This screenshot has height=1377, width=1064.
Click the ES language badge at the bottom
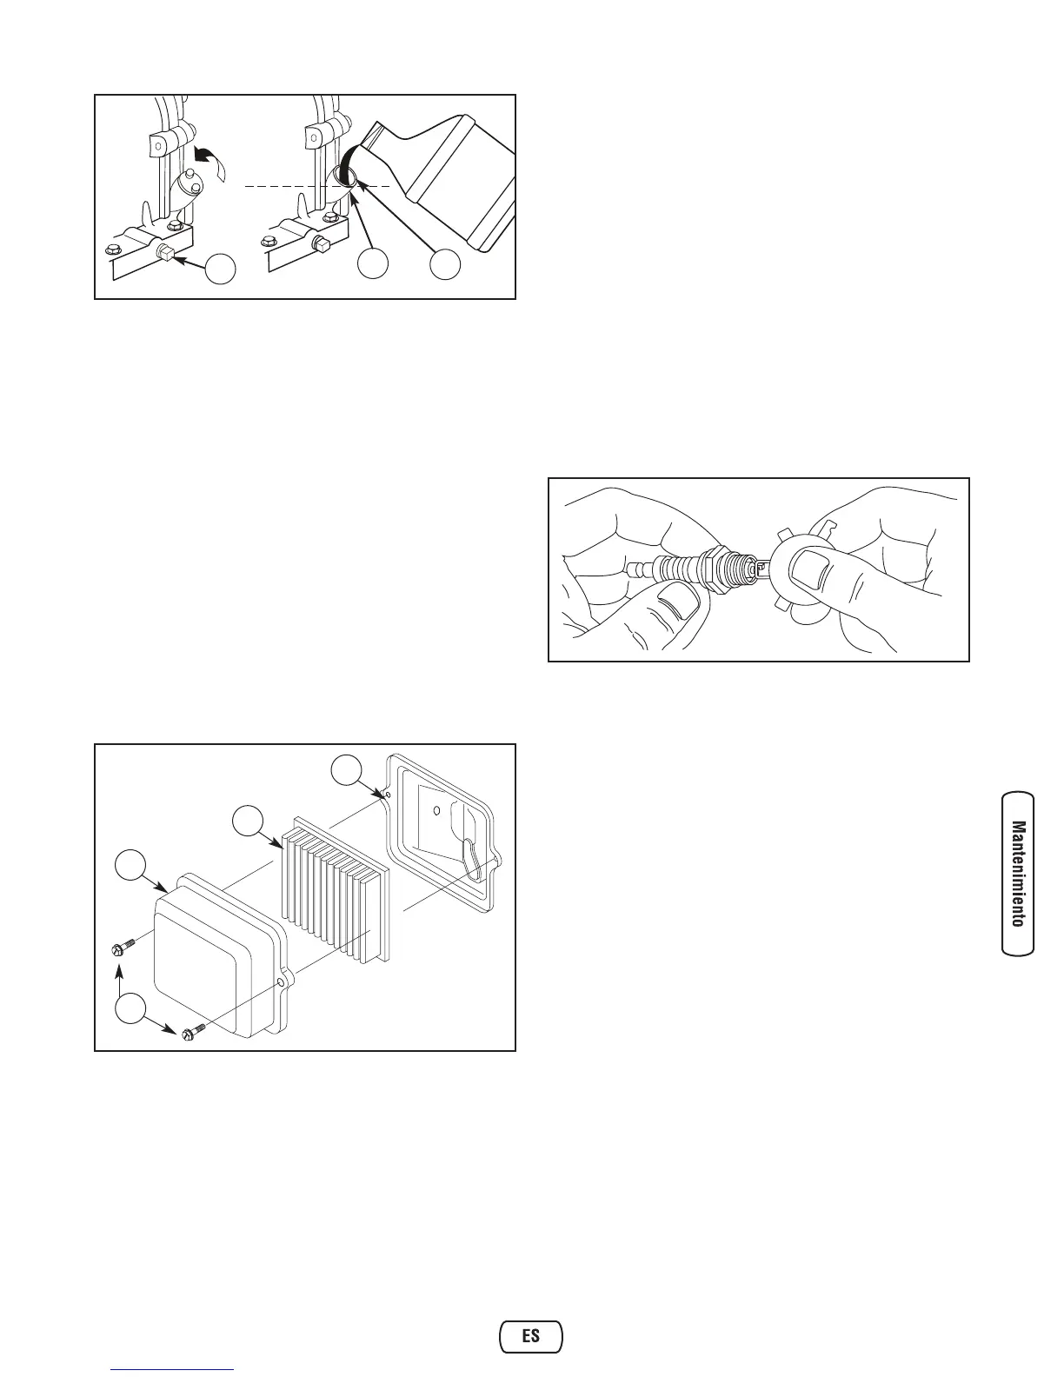(531, 1335)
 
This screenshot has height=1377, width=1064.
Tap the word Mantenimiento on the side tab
(1018, 874)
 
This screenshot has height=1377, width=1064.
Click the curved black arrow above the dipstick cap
(207, 163)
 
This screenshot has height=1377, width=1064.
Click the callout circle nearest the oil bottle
(444, 265)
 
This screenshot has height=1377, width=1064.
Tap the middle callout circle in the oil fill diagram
(376, 265)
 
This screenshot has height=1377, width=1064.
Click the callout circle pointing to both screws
(131, 1011)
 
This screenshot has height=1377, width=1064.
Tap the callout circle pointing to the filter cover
(131, 868)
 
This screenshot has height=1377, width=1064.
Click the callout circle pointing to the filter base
(348, 770)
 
